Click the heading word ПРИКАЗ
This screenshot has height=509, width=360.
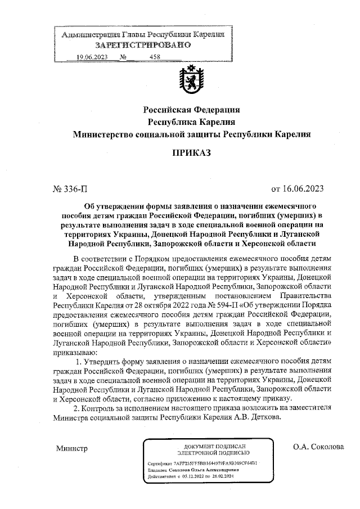coord(192,152)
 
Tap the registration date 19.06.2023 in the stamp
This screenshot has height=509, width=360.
coord(92,57)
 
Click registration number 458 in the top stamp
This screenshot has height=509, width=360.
coord(155,57)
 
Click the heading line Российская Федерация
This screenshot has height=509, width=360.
coord(192,110)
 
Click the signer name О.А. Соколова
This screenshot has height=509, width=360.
coord(318,447)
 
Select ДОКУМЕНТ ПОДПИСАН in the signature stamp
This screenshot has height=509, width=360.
coord(209,445)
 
